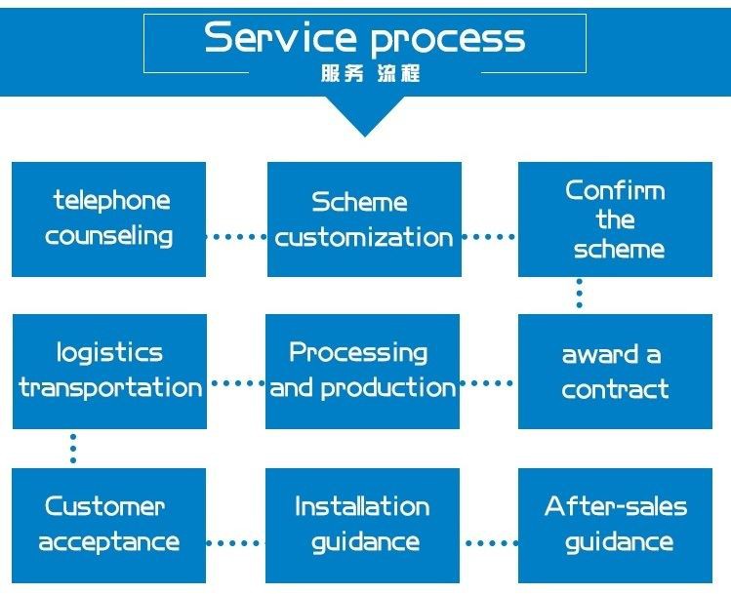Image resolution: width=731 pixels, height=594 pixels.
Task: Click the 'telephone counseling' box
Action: click(108, 219)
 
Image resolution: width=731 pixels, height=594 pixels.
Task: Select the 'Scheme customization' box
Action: click(364, 219)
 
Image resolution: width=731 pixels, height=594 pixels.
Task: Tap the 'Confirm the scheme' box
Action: click(616, 219)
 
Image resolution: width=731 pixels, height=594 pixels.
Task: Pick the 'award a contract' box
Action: click(616, 372)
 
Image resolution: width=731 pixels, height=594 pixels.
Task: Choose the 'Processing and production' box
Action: click(362, 372)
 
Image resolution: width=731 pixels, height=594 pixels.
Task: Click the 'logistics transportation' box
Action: click(109, 372)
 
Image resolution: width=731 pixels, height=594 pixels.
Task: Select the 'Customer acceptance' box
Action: click(108, 525)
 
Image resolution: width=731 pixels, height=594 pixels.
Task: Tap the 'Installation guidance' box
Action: click(362, 525)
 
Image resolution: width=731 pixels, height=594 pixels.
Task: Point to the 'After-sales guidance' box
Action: click(616, 525)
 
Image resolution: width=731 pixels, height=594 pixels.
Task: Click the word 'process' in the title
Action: click(449, 39)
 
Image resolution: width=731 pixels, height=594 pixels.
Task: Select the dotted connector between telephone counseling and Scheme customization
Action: click(237, 236)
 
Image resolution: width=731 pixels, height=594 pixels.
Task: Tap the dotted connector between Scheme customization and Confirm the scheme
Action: click(489, 236)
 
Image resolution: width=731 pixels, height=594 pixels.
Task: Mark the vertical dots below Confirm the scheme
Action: click(579, 295)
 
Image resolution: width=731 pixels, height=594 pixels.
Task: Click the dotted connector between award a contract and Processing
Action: click(489, 384)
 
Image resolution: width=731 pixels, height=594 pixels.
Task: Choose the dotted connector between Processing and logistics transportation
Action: click(237, 384)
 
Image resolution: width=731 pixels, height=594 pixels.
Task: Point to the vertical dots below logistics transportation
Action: click(72, 448)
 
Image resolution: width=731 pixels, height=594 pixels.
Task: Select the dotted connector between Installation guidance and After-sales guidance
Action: click(489, 541)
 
